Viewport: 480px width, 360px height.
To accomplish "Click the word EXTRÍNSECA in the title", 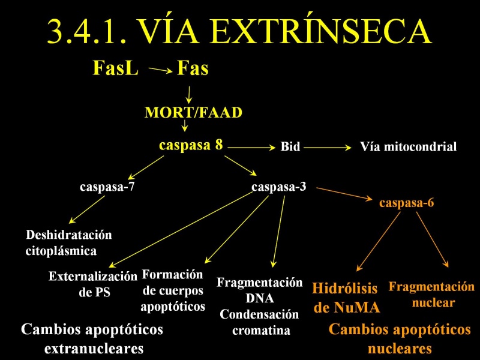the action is (x=320, y=31).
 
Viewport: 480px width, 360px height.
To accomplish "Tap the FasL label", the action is (x=115, y=68).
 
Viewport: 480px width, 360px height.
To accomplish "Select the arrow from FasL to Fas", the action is (x=160, y=70).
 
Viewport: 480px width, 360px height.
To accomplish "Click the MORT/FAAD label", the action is (x=193, y=112).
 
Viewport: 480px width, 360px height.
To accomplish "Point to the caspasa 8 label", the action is (x=191, y=145).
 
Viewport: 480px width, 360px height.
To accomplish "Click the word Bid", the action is (x=290, y=146).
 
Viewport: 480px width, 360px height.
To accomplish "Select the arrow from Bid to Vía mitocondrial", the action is (x=328, y=148).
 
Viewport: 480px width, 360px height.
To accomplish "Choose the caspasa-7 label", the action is (x=107, y=187).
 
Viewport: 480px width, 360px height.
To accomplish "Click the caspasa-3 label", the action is (x=278, y=187).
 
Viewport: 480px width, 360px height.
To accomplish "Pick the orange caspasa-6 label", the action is (x=407, y=203).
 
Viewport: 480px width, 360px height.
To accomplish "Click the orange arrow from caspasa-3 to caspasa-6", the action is (x=344, y=194).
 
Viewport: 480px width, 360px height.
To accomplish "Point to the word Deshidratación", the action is (x=69, y=235).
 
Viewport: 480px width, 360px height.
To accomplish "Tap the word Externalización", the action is (x=93, y=277).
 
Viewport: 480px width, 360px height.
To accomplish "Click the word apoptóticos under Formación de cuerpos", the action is (x=173, y=307).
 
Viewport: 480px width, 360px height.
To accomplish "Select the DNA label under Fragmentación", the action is (x=260, y=298).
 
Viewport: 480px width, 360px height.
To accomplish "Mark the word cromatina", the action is (x=261, y=331).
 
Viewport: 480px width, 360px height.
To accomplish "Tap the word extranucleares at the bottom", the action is (x=94, y=349).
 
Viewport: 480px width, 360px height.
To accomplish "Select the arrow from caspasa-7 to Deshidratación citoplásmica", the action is (x=87, y=209).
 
